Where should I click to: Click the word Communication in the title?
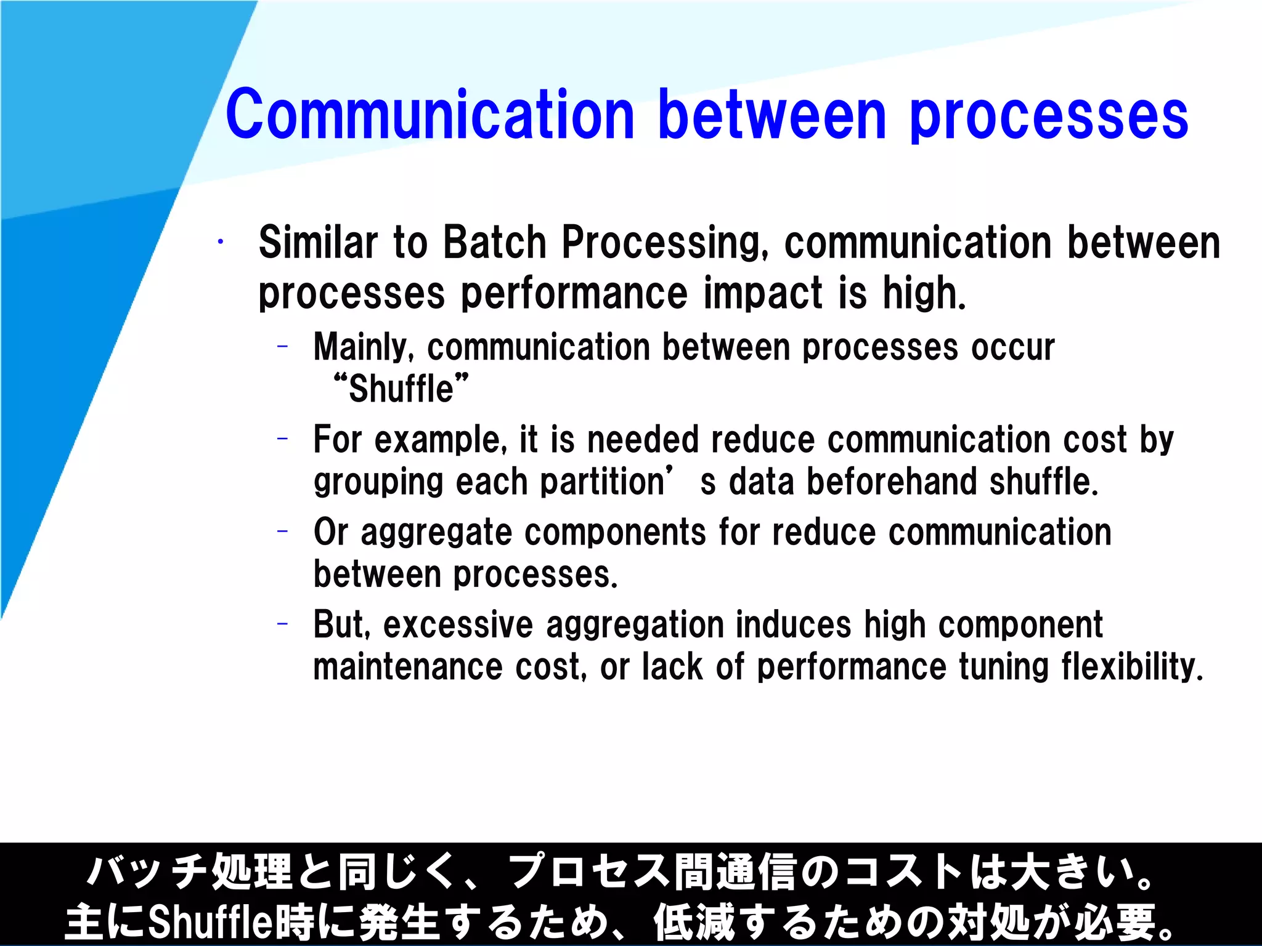(x=429, y=115)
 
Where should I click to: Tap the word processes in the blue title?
(x=1048, y=117)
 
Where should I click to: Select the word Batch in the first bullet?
(x=494, y=242)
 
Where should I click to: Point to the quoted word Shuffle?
(x=401, y=389)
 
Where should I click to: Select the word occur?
(x=1013, y=347)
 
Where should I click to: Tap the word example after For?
(x=440, y=440)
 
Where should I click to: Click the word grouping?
(x=378, y=482)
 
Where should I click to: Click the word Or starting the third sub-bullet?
(x=331, y=532)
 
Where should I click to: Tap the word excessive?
(x=457, y=625)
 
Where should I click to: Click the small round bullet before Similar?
(x=219, y=242)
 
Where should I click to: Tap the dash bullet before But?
(x=282, y=625)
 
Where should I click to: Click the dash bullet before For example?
(x=282, y=439)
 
